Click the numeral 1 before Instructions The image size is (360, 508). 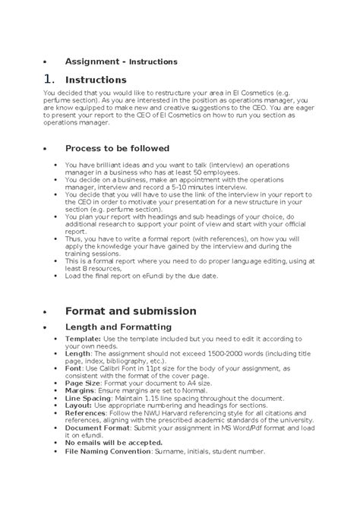pyautogui.click(x=49, y=80)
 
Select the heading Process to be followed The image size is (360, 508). pyautogui.click(x=117, y=148)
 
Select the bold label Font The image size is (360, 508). pyautogui.click(x=73, y=367)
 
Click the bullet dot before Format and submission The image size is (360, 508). pyautogui.click(x=46, y=312)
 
